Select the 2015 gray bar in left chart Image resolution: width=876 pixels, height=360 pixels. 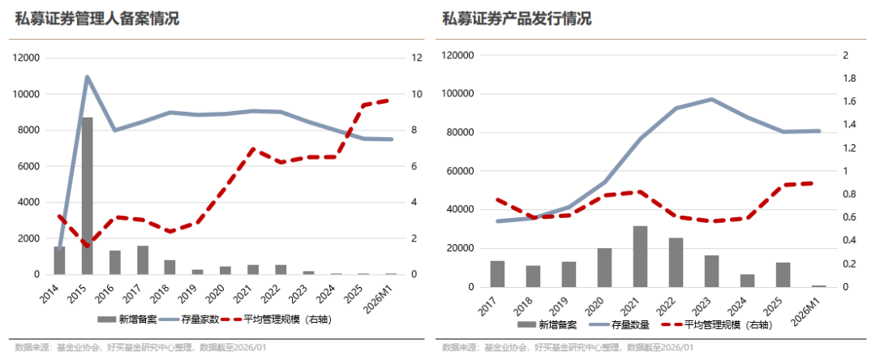point(87,195)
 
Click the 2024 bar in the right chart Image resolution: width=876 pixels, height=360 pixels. point(747,281)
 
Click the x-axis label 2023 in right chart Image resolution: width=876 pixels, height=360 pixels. point(707,306)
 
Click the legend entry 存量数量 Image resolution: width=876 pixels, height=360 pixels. point(626,324)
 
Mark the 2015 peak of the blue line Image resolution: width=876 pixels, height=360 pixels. point(87,77)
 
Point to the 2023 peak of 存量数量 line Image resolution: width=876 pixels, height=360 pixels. point(711,99)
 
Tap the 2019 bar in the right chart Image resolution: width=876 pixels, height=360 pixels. point(569,274)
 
